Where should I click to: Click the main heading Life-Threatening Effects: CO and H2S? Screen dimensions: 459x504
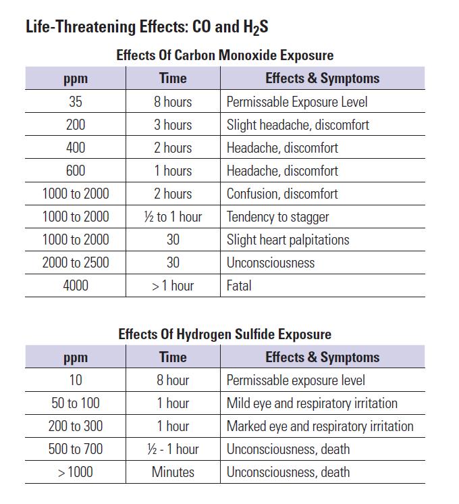[146, 27]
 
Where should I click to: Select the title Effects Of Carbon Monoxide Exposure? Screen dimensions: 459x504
[225, 55]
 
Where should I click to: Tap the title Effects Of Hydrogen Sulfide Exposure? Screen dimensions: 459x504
[225, 334]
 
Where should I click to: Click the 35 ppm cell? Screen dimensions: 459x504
[76, 101]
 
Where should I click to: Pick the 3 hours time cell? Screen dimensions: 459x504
[173, 125]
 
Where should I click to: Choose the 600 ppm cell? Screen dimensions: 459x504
[76, 171]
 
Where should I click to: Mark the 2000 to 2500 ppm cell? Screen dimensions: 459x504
[76, 263]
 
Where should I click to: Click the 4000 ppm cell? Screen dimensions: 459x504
[76, 285]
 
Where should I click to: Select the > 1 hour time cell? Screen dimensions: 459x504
[173, 285]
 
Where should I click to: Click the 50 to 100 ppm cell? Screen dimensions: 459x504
[76, 403]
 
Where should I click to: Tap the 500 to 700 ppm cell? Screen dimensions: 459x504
[76, 449]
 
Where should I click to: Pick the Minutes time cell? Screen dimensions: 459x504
[173, 472]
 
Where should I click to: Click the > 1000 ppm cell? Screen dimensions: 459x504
[76, 472]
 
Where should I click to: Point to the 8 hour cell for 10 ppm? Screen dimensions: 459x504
[173, 380]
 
